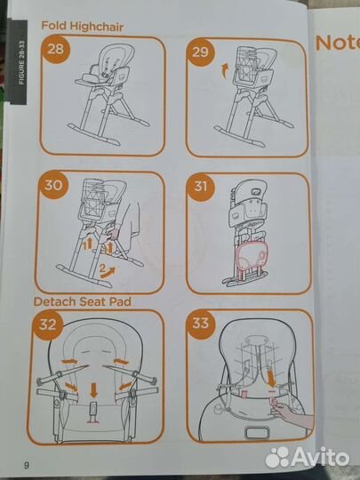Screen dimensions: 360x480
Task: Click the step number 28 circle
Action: coord(55,49)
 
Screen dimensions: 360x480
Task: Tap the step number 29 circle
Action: coord(200,52)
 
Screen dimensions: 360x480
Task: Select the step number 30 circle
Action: coord(53,185)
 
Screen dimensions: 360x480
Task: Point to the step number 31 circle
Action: coord(201,187)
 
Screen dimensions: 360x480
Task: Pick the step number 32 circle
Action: coord(48,324)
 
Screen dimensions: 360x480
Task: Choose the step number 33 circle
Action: coord(201,324)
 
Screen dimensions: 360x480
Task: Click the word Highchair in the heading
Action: coord(97,27)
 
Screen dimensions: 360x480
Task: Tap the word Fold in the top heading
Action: coord(54,26)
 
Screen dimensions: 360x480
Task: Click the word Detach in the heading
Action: coord(55,301)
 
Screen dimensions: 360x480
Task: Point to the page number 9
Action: coord(27,466)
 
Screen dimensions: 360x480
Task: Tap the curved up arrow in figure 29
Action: coord(225,70)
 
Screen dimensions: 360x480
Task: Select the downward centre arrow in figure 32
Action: coord(93,390)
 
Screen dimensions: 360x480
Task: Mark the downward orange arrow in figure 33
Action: coord(271,379)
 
